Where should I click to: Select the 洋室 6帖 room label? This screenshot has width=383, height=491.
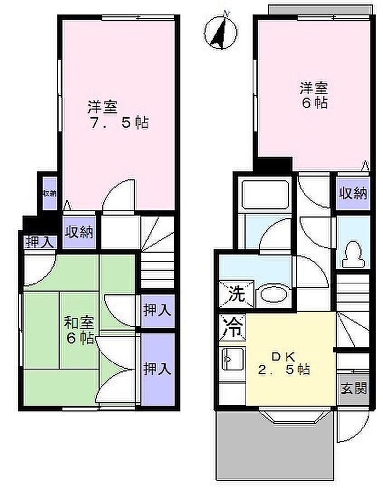[313, 95]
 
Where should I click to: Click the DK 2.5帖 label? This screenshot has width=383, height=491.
[284, 363]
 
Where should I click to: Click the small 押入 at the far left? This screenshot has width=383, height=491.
[39, 242]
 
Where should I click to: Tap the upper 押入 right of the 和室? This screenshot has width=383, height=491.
[158, 311]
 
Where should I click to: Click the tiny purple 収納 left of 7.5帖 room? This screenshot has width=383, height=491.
[50, 193]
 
